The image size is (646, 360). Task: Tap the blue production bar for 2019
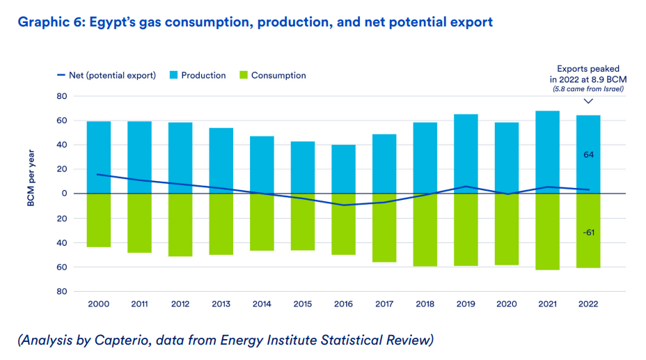point(466,153)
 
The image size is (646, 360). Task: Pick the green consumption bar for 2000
point(99,220)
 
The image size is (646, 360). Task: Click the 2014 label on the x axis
point(262,304)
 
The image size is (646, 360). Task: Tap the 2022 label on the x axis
point(588,304)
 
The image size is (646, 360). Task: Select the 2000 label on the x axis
point(99,304)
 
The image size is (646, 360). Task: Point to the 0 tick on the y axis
point(62,194)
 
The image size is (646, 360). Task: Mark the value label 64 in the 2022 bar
point(588,154)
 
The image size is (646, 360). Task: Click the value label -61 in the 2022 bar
point(588,232)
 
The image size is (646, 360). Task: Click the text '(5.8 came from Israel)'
point(588,89)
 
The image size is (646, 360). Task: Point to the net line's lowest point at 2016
point(343,205)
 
